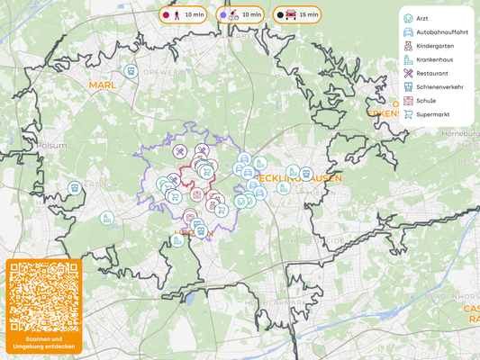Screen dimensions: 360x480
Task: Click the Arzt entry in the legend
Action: coord(421,18)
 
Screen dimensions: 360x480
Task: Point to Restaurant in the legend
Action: coord(432,73)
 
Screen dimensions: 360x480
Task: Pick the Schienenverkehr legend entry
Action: coord(439,87)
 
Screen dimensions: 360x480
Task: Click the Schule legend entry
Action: coord(426,101)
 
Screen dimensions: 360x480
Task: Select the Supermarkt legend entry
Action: coord(433,114)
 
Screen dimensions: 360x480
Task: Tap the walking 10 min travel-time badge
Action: coord(184,15)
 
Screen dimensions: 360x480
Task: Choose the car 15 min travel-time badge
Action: coord(297,15)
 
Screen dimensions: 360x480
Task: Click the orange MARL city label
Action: coord(103,85)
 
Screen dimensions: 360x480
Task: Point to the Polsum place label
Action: coord(52,144)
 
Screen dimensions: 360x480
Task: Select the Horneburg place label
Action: coord(459,133)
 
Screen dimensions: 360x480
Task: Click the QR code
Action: coord(43,297)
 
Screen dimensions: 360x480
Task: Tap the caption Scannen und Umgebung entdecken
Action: coord(43,343)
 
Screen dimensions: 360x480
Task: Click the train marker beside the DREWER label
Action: coord(131,70)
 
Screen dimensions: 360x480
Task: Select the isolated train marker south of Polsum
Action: coord(74,188)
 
